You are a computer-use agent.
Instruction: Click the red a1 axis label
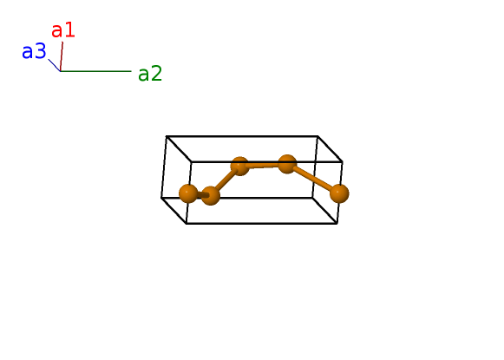tap(63, 30)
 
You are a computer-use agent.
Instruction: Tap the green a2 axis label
tap(150, 74)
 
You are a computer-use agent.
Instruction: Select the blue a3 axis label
tap(34, 51)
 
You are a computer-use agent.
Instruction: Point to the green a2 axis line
tap(95, 71)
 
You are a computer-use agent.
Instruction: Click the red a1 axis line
tap(62, 56)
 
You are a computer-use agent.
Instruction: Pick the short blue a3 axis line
tap(55, 65)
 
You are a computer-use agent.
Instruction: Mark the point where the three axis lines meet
tap(61, 71)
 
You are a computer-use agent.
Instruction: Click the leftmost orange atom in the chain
tap(188, 193)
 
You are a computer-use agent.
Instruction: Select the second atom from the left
tap(211, 195)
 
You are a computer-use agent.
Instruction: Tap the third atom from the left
tap(239, 167)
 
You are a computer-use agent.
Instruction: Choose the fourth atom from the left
tap(287, 164)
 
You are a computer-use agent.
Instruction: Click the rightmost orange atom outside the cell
tap(339, 193)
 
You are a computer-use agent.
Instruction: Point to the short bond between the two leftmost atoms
tap(200, 195)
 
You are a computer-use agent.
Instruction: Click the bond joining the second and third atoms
tap(225, 181)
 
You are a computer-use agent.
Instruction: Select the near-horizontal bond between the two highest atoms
tap(264, 165)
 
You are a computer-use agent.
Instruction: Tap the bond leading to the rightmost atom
tap(313, 179)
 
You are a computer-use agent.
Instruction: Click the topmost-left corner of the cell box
tap(167, 136)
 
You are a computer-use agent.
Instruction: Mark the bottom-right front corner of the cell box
tap(337, 224)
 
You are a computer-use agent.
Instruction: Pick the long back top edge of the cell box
tap(242, 136)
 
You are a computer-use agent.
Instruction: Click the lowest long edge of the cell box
tap(262, 224)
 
